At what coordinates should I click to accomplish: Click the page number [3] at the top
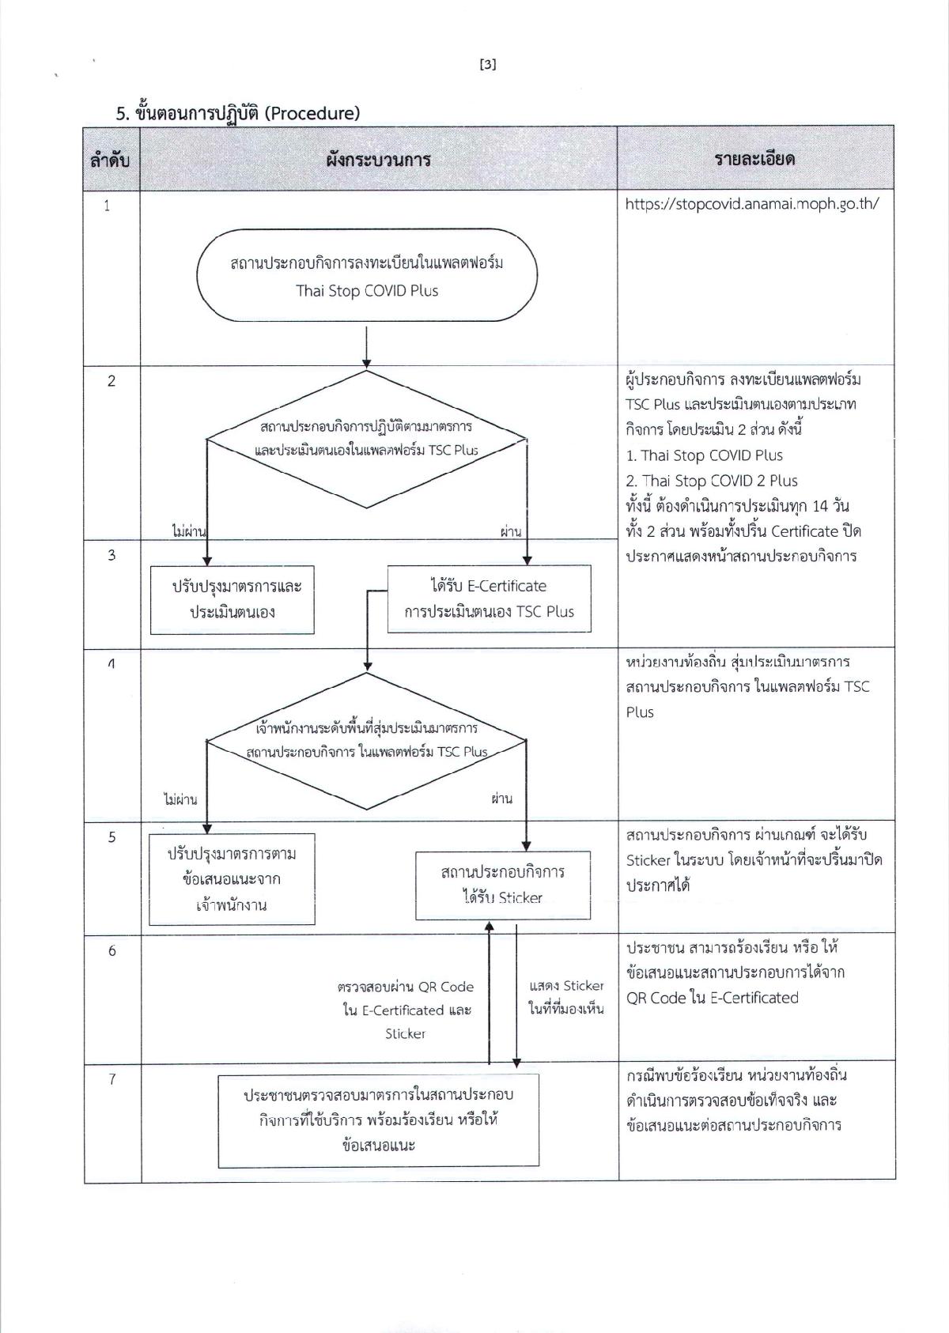[488, 65]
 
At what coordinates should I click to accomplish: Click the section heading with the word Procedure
[238, 113]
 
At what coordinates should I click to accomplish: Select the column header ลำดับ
[111, 160]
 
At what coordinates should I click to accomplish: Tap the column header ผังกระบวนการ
[378, 160]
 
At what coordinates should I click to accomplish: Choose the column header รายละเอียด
[754, 160]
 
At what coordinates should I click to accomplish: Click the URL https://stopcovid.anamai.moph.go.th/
[751, 204]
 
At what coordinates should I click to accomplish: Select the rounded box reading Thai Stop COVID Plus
[367, 276]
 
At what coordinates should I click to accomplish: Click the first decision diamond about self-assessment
[367, 439]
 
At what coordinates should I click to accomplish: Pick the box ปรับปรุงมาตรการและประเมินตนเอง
[232, 599]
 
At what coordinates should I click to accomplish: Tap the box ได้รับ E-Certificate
[489, 599]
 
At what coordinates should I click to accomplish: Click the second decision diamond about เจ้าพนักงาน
[367, 741]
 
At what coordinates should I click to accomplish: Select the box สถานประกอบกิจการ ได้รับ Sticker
[503, 885]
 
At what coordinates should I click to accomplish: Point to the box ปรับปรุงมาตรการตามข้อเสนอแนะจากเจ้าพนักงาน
[232, 879]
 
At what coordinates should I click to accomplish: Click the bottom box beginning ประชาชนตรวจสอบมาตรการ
[378, 1120]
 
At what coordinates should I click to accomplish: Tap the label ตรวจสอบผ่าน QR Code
[406, 987]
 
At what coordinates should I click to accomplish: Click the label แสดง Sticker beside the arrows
[566, 987]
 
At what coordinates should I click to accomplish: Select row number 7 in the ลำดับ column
[112, 1079]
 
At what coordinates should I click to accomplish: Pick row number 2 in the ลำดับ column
[112, 381]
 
